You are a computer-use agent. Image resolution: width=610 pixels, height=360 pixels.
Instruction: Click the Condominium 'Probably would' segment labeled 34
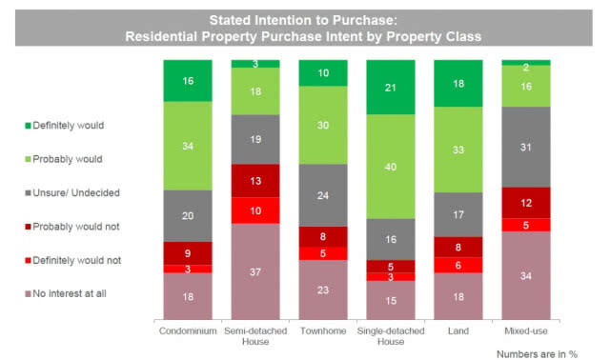point(188,146)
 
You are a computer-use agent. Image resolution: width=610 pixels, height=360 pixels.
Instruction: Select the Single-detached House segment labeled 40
point(391,167)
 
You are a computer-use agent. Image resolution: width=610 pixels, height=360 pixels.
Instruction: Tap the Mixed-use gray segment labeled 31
point(526,147)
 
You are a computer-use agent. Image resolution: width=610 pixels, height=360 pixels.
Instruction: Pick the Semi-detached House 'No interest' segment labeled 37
point(255,271)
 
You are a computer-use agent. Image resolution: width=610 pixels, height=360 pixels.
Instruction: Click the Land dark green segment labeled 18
point(458,84)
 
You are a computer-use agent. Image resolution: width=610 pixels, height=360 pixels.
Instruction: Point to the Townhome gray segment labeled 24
point(323,195)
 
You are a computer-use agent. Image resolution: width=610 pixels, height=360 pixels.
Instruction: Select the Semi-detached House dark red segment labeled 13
point(255,181)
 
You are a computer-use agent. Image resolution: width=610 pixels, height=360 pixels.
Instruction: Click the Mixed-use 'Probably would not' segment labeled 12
point(526,203)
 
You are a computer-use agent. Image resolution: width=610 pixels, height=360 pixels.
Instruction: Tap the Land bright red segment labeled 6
point(458,265)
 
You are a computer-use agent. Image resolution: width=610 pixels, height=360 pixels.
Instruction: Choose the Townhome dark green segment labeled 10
point(323,73)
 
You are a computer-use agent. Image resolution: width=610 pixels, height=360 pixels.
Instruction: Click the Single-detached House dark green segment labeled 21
point(391,88)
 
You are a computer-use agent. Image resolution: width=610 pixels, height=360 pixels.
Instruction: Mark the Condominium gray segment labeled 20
point(188,216)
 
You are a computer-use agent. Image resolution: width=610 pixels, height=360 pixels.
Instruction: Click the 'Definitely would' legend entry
point(65,126)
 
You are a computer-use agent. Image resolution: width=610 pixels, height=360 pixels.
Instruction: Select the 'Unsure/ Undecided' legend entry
point(72,192)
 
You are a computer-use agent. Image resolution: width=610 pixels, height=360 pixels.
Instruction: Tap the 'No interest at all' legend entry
point(66,294)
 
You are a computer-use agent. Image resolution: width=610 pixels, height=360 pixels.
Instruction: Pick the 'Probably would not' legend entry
point(72,227)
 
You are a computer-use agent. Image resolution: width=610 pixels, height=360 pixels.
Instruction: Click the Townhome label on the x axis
point(323,331)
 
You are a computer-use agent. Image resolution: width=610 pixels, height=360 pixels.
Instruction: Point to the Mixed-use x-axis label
point(526,331)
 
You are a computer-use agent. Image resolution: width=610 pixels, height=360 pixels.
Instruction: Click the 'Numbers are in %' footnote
point(537,354)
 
